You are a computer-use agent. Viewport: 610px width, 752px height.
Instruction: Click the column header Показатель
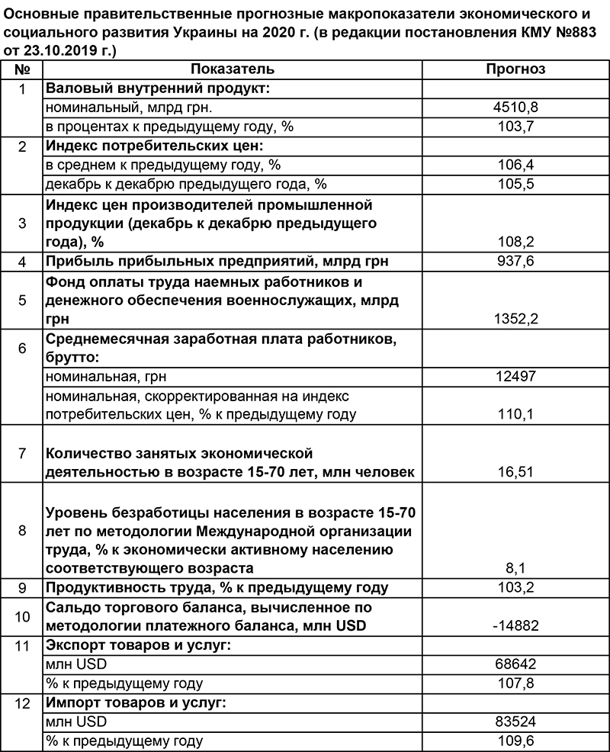click(x=232, y=69)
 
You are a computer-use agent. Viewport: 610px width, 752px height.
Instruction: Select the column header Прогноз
click(x=516, y=69)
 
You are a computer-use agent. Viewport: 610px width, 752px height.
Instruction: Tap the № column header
click(x=22, y=69)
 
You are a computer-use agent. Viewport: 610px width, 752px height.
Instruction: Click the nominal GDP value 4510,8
click(x=516, y=108)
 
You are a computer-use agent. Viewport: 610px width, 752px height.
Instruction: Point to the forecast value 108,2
click(x=516, y=242)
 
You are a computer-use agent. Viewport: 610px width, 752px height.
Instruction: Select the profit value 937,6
click(x=516, y=262)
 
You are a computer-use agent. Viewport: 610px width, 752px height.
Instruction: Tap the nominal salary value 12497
click(x=516, y=376)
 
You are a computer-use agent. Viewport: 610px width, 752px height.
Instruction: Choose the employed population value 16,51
click(x=516, y=472)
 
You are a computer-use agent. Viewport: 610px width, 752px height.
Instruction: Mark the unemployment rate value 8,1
click(x=516, y=568)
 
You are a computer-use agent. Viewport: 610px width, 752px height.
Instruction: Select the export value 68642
click(x=516, y=664)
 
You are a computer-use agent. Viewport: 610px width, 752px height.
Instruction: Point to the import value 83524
click(x=516, y=721)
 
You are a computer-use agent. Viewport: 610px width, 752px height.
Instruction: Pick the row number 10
click(x=22, y=616)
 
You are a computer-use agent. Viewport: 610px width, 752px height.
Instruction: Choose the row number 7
click(x=22, y=453)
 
